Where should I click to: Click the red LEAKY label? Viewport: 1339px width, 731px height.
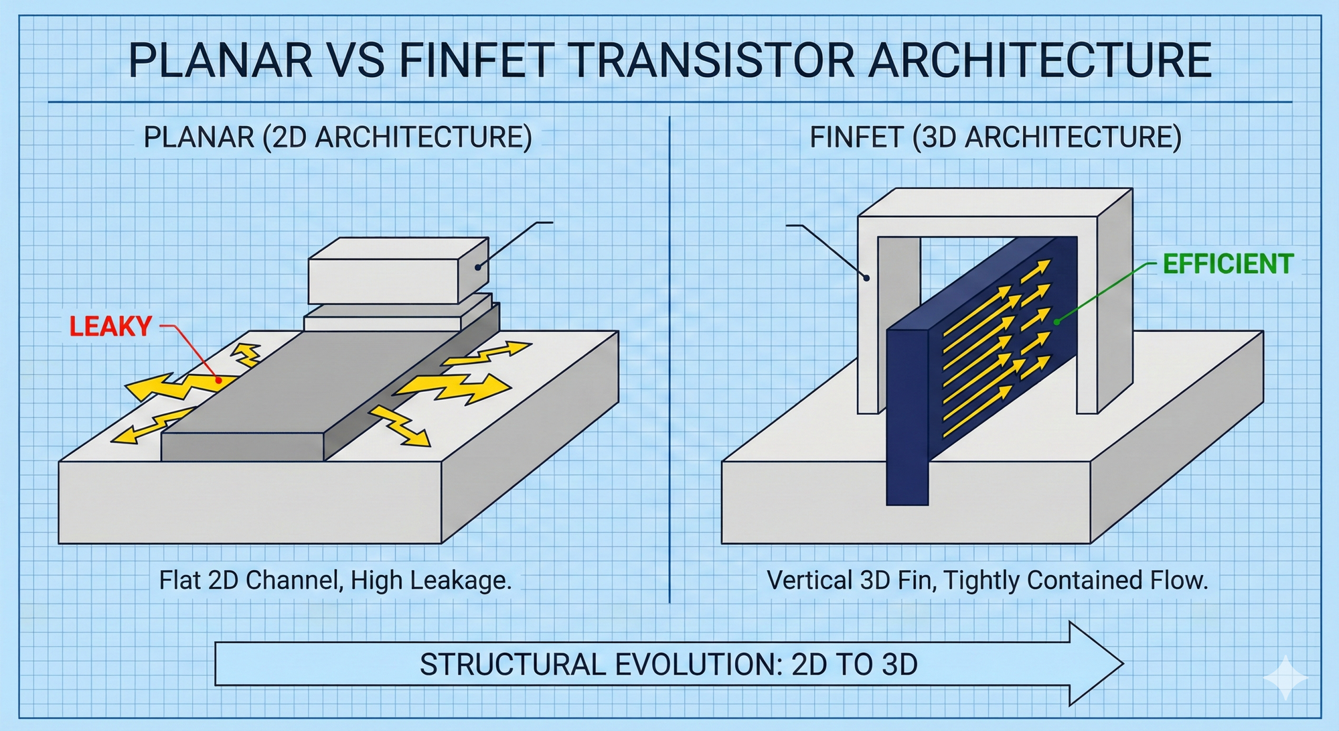pos(110,326)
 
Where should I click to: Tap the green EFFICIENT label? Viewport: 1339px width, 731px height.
pos(1228,264)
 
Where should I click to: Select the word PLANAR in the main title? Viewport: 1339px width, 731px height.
pos(220,60)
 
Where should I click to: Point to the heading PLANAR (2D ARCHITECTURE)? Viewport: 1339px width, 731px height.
pos(338,137)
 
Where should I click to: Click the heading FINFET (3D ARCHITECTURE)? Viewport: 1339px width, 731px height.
pos(996,137)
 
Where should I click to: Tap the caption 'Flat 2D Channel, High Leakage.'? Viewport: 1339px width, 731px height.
pos(335,580)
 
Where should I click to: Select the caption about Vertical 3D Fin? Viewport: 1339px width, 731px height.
pos(988,580)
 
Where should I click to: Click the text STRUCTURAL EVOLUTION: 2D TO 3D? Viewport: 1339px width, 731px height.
pos(668,665)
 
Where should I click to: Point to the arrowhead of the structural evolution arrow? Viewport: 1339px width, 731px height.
pos(1122,663)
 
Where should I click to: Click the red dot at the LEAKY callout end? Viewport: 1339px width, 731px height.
pos(218,380)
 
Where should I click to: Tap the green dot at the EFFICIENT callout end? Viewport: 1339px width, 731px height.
pos(1057,322)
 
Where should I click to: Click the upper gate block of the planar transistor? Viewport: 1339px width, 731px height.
pos(398,271)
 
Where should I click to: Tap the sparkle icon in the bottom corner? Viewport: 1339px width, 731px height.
pos(1285,678)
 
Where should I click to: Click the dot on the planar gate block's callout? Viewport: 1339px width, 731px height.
pos(477,267)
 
